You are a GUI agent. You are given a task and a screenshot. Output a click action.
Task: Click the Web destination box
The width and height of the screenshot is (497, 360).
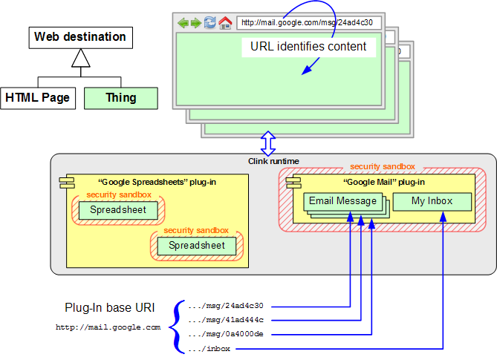coord(80,36)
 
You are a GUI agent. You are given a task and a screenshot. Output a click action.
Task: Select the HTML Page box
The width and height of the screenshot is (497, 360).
coord(37,97)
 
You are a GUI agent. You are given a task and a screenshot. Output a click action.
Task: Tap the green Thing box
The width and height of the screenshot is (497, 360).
coord(120,97)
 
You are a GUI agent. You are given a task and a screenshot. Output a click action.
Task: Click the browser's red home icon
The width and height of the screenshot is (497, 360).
coord(225,22)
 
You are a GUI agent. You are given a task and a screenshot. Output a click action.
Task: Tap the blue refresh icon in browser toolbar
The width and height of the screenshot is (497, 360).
coord(209,22)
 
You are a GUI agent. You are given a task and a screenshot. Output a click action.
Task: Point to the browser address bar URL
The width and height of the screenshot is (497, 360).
coord(308,22)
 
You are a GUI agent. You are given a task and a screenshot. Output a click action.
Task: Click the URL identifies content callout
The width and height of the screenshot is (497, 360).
coord(308,47)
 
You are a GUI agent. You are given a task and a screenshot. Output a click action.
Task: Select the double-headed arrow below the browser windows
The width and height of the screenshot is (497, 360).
coord(268,141)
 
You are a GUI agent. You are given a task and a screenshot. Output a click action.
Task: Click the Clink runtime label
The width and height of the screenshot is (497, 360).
coord(273,161)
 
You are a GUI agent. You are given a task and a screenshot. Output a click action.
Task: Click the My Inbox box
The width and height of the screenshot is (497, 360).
coord(432,202)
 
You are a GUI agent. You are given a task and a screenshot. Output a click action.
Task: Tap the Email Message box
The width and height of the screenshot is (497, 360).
coord(342,201)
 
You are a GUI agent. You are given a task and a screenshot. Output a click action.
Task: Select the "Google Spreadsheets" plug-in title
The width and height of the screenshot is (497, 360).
coord(157,182)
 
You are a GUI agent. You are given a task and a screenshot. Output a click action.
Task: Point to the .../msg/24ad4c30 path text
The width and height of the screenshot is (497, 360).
coord(226,306)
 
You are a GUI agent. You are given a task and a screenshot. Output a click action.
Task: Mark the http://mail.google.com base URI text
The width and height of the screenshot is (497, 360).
coord(108,327)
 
